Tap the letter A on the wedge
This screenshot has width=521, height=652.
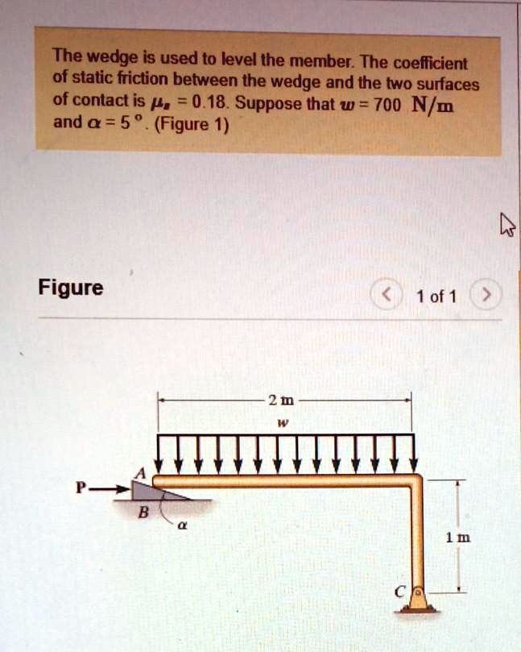pyautogui.click(x=145, y=473)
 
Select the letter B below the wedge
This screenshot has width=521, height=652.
pyautogui.click(x=143, y=513)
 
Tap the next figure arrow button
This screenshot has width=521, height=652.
pyautogui.click(x=486, y=296)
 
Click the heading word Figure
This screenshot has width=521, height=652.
pyautogui.click(x=71, y=288)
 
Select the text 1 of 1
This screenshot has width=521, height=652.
pyautogui.click(x=436, y=297)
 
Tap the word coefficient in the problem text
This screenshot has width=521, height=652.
pyautogui.click(x=440, y=63)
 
